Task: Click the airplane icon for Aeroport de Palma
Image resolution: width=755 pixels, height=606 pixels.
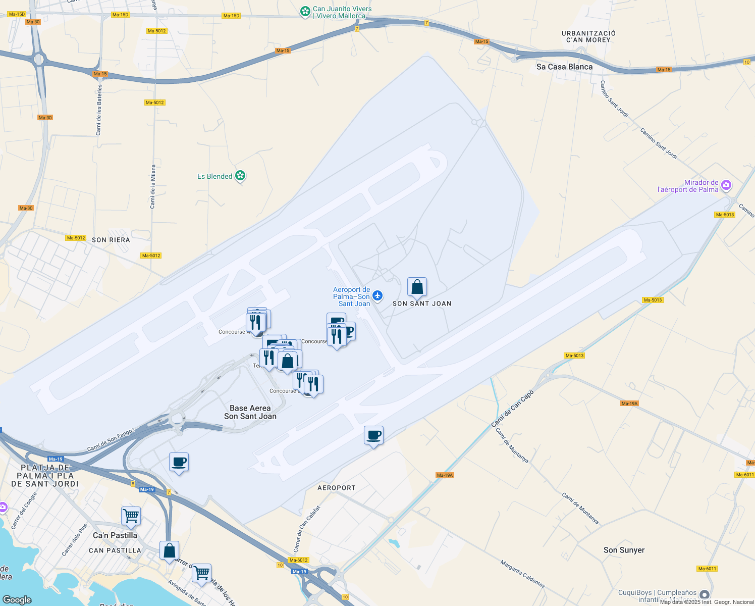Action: (377, 295)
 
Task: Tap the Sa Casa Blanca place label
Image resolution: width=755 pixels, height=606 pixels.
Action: (564, 67)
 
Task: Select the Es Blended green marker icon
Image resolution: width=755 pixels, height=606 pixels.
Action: (240, 176)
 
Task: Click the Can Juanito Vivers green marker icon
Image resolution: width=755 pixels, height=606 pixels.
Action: (305, 12)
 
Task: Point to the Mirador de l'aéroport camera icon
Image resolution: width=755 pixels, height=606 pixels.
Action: (726, 185)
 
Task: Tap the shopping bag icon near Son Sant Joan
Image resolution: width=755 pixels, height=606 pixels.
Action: (417, 287)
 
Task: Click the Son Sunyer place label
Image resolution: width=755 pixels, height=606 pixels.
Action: (624, 550)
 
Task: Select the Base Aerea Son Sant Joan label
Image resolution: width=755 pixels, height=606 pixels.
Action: (250, 412)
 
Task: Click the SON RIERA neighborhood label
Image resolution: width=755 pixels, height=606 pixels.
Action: (111, 240)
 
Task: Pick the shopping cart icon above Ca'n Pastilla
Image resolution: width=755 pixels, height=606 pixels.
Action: (131, 516)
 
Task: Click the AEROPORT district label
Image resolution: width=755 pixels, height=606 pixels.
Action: (337, 488)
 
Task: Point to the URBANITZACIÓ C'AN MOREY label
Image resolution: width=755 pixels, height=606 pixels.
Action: (588, 36)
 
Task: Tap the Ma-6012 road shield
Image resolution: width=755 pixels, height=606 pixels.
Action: (298, 560)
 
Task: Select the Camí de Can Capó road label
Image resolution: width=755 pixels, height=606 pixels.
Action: (512, 409)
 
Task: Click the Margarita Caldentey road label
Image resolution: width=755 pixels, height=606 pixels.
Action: (523, 574)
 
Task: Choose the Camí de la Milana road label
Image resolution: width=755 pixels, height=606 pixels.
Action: (153, 186)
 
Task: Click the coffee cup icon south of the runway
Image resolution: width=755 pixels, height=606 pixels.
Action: (373, 435)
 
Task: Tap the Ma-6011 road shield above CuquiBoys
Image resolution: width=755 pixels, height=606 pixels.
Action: (707, 569)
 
